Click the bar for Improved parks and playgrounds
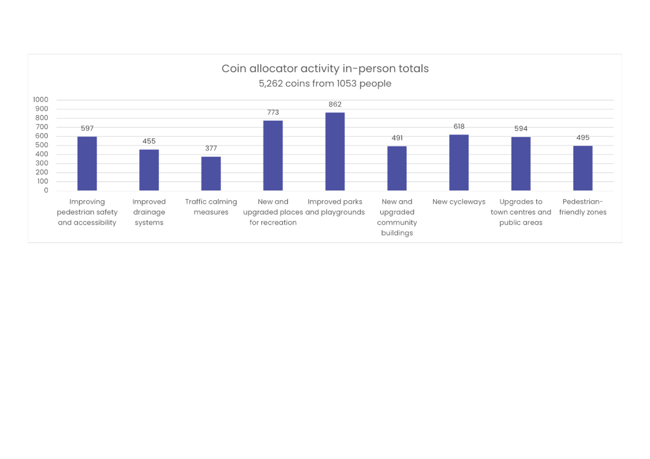(x=335, y=152)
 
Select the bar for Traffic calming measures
(x=211, y=173)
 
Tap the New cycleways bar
(x=459, y=163)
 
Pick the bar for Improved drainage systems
(x=149, y=170)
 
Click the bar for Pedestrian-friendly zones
(x=583, y=168)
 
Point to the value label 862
(x=335, y=104)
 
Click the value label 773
(x=273, y=112)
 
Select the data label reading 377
(x=211, y=148)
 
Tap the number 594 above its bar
(x=520, y=129)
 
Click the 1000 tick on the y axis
(x=41, y=100)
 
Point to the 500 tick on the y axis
(x=42, y=145)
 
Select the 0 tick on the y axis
(x=46, y=190)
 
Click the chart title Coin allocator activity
(x=325, y=69)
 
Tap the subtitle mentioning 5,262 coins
(x=325, y=83)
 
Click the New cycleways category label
(x=459, y=202)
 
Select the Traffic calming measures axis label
(x=211, y=207)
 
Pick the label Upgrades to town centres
(x=520, y=212)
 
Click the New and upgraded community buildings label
(x=397, y=217)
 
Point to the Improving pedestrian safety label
(x=87, y=212)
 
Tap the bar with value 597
(x=87, y=164)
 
